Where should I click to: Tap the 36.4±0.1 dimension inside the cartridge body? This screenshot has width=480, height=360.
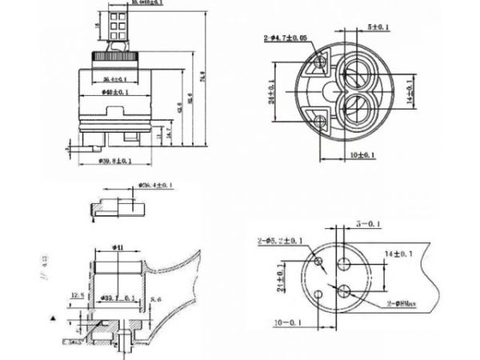click(x=118, y=78)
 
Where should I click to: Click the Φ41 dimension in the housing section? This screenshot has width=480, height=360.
click(x=117, y=248)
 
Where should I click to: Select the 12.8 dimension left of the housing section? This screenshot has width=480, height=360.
click(x=78, y=295)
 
